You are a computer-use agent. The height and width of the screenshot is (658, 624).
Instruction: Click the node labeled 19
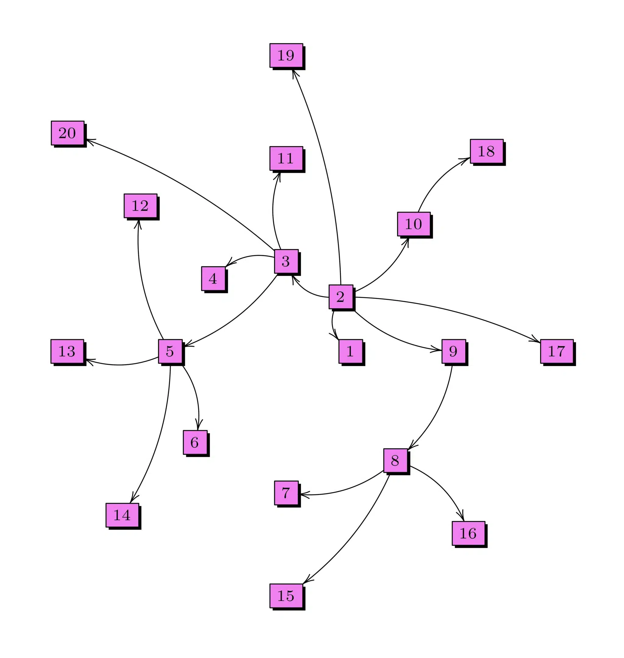[286, 55]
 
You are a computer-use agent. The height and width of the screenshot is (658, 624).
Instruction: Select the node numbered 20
[68, 133]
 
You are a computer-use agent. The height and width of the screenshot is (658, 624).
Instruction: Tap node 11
[286, 158]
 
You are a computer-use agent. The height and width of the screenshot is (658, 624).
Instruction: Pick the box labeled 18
[487, 151]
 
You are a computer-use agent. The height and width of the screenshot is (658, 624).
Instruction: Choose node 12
[140, 206]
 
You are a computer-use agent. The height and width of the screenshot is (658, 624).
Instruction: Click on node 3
[286, 261]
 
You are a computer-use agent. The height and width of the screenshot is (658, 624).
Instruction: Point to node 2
[341, 297]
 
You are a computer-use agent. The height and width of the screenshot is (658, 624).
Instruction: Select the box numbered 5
[170, 351]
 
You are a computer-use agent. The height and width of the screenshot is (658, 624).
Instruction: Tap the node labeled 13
[67, 351]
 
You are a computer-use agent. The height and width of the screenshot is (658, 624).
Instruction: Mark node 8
[395, 460]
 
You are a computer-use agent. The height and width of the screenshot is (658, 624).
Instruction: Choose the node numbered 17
[557, 351]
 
